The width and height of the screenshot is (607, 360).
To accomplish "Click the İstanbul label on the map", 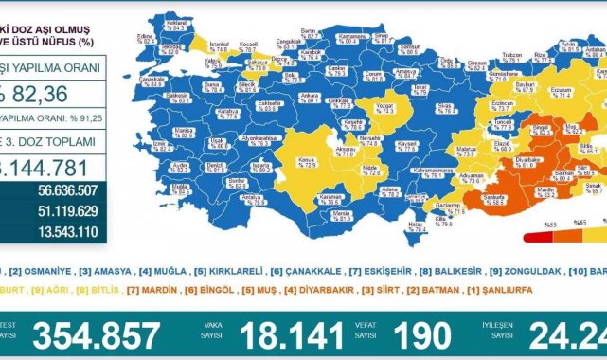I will [x=221, y=45].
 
